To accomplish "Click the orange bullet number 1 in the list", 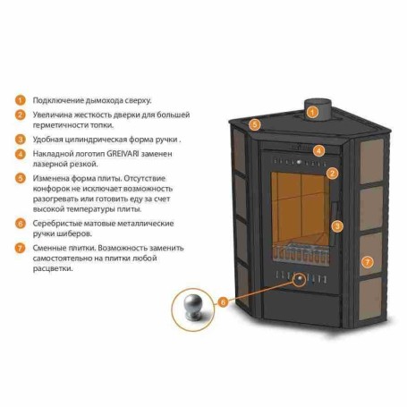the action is click(x=21, y=100).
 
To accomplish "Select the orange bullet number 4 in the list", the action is click(x=21, y=154).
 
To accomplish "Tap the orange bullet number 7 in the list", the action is click(x=21, y=248).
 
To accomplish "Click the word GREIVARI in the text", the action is click(x=123, y=154).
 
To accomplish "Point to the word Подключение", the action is click(x=58, y=100).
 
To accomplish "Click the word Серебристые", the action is click(x=57, y=224).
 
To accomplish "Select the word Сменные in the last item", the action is click(x=49, y=248).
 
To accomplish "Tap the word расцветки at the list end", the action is click(x=53, y=268).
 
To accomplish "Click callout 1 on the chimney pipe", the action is click(x=312, y=113).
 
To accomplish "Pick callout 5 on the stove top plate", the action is click(x=254, y=124).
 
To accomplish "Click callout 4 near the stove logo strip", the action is click(x=318, y=150).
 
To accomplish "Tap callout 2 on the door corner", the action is click(x=332, y=174).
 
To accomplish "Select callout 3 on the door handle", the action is click(x=337, y=226).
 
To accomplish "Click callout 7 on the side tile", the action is click(x=368, y=262).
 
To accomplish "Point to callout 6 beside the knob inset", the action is click(x=223, y=302).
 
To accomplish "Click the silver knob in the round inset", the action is click(x=192, y=308).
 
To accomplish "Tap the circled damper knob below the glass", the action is click(x=299, y=279).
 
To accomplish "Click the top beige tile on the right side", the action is click(x=371, y=161).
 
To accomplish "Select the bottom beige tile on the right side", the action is click(x=370, y=299).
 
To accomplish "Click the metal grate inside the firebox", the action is click(x=301, y=254).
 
